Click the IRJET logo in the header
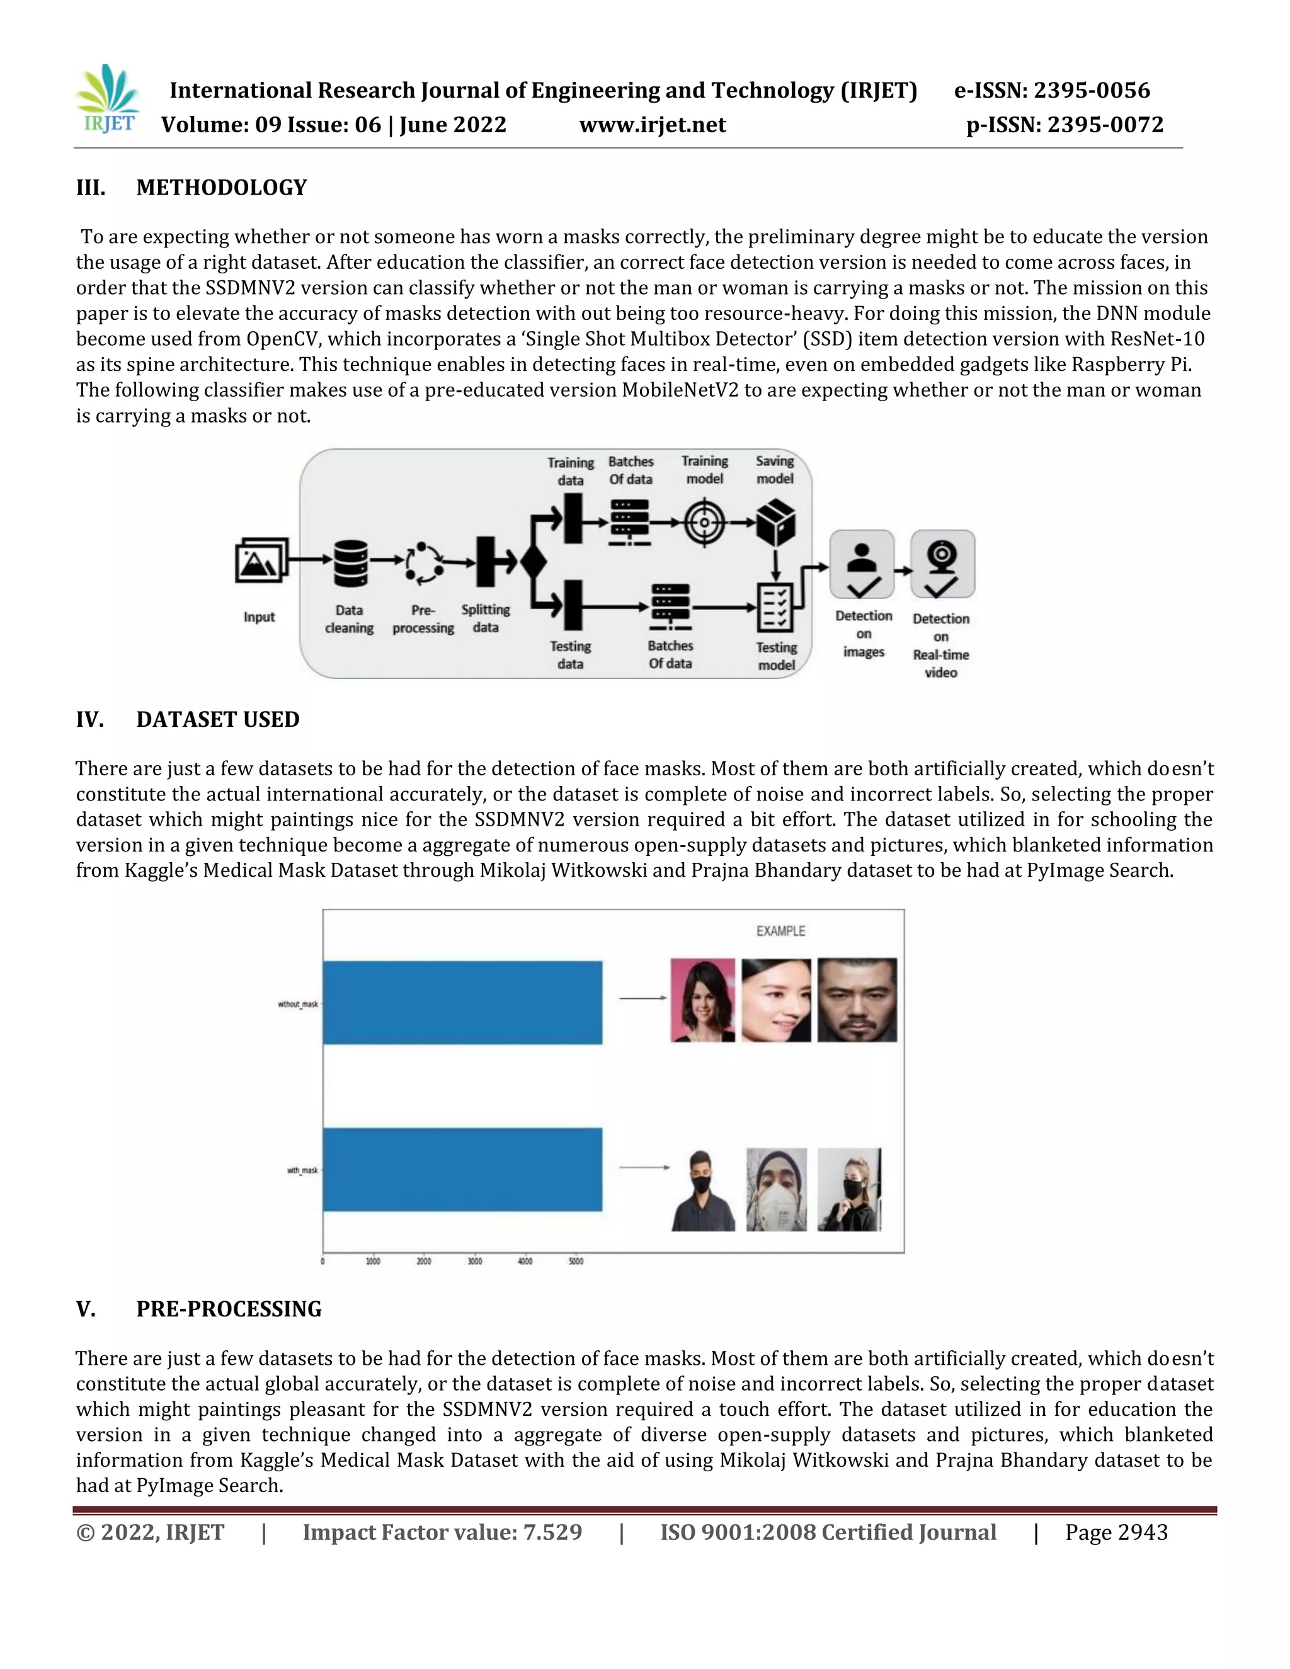click(x=108, y=100)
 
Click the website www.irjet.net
click(x=652, y=125)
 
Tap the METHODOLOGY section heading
click(x=221, y=187)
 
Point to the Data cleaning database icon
click(x=351, y=563)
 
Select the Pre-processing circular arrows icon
click(x=423, y=563)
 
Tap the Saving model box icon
click(x=775, y=523)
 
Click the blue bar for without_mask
click(x=462, y=1002)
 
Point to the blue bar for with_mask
click(x=462, y=1168)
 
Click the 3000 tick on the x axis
click(x=474, y=1261)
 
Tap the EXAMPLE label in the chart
click(x=780, y=931)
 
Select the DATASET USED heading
click(x=218, y=719)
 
